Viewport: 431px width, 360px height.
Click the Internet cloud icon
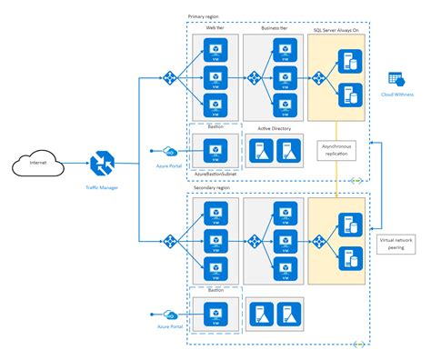[x=35, y=164]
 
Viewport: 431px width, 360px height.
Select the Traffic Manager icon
[x=100, y=164]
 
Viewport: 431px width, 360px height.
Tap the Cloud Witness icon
[x=397, y=80]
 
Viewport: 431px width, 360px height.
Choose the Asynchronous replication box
[x=336, y=149]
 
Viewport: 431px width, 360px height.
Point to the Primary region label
[x=205, y=16]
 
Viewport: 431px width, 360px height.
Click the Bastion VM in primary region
[x=215, y=147]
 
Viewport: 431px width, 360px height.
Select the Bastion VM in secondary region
[x=215, y=313]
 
